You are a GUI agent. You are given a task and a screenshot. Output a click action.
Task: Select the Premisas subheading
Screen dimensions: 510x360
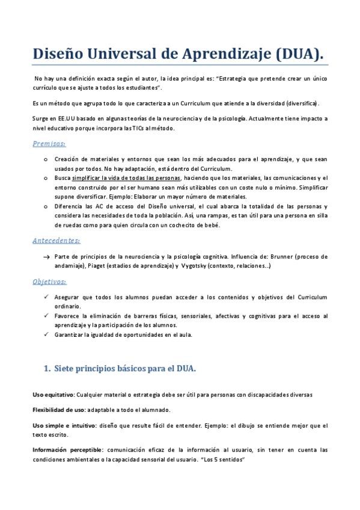49,144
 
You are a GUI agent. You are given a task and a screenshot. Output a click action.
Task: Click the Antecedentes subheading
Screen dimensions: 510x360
56,241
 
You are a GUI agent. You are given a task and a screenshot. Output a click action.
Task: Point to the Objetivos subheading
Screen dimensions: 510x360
49,281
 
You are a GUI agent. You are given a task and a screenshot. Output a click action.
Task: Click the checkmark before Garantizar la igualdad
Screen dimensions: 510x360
46,334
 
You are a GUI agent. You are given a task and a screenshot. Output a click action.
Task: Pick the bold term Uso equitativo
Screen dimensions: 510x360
52,395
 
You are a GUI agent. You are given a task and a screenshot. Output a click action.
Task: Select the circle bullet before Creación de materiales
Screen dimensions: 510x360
46,159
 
